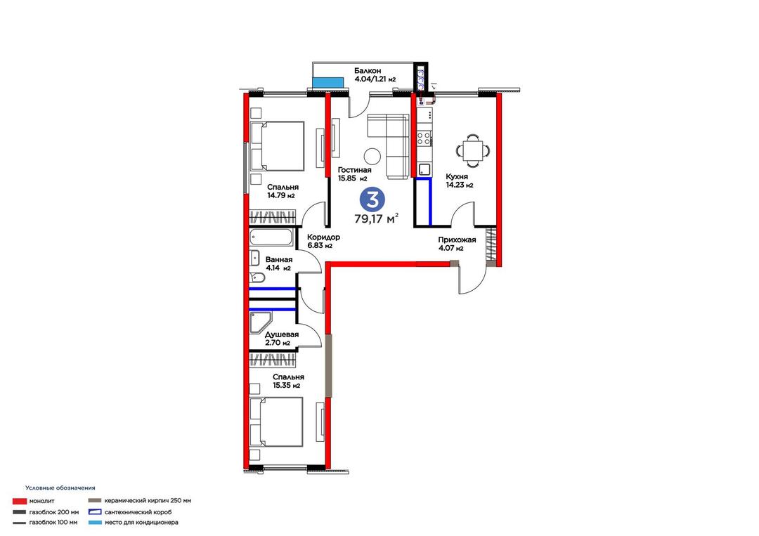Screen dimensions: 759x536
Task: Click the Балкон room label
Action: pos(368,71)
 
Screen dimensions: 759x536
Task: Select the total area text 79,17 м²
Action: pos(377,218)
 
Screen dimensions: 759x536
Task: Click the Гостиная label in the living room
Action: pos(355,170)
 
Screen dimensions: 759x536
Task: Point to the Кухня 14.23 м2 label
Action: pos(460,181)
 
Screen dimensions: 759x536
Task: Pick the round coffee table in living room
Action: pos(372,155)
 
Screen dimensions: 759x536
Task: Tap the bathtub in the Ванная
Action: pos(271,237)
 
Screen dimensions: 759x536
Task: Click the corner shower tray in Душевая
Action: pos(261,322)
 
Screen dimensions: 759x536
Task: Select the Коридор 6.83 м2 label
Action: pos(323,242)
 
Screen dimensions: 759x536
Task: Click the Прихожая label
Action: pos(457,240)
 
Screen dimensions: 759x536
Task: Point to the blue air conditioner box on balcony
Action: pos(327,83)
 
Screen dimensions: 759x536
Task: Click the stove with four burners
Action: pos(424,138)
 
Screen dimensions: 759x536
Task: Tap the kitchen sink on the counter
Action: pos(424,169)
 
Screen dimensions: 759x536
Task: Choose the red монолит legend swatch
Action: pos(20,501)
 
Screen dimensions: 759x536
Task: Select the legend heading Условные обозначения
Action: pos(60,488)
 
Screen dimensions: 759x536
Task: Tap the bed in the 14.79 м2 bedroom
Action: pos(277,145)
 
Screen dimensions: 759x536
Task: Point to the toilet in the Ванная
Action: pos(257,278)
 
